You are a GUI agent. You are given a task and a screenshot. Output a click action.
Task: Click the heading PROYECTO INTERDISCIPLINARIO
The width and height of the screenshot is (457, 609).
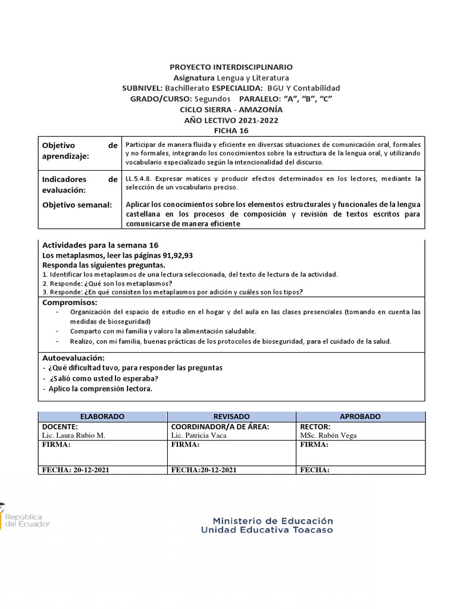[x=231, y=67]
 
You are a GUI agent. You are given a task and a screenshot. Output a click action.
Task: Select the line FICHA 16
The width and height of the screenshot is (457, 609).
[x=231, y=131]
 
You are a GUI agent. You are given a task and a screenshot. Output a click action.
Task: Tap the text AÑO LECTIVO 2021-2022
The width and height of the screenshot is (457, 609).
[x=231, y=120]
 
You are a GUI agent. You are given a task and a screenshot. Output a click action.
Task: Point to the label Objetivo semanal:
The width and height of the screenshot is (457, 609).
[x=77, y=205]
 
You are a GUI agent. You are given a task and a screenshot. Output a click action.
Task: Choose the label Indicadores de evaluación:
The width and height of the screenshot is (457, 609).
[x=80, y=184]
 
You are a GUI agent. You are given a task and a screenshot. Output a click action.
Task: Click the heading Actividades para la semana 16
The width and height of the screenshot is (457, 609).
[x=100, y=245]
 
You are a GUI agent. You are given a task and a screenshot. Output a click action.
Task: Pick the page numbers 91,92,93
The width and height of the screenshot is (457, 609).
[x=173, y=255]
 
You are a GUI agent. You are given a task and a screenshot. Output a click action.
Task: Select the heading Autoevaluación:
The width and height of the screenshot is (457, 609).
[x=73, y=358]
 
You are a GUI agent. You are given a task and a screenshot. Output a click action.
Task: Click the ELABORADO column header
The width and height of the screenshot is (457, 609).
[x=102, y=417]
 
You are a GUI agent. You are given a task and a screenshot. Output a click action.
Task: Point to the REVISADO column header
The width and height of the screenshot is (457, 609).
[x=231, y=417]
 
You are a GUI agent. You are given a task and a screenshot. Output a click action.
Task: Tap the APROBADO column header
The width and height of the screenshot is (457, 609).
[x=360, y=417]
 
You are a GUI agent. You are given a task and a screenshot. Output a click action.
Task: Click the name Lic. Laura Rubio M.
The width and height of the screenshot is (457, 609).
[x=73, y=435]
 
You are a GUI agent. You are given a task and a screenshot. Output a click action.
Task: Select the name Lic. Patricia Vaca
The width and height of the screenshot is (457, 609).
[x=199, y=435]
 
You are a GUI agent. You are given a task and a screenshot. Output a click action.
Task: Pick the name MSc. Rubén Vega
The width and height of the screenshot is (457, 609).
[x=328, y=435]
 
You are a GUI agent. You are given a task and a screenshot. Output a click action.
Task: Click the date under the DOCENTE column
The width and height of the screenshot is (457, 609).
[x=76, y=470]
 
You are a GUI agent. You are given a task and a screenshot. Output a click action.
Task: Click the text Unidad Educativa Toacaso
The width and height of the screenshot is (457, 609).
[x=267, y=530]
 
